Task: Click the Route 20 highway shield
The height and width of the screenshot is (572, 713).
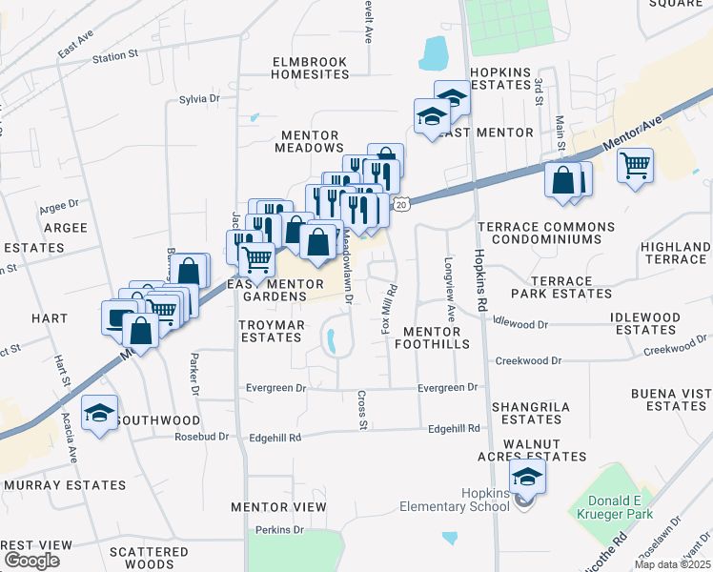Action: coord(402,205)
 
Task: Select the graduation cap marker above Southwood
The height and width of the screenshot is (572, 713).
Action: coord(99,414)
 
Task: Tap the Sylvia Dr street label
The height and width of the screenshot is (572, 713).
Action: coord(199,99)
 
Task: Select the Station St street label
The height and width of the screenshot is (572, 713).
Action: coord(115,57)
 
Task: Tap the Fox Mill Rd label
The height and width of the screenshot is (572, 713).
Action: coord(389,312)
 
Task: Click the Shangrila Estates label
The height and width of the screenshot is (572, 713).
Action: coord(531,413)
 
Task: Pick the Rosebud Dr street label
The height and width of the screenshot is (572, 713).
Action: coord(202,437)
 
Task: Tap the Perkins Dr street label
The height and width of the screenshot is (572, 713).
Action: coord(279,529)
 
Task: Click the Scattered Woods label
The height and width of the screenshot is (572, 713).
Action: coord(149,558)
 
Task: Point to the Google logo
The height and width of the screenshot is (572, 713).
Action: coord(31,561)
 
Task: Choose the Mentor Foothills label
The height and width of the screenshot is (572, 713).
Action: coord(436,337)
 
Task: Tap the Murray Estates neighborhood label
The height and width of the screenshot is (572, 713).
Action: coord(65,485)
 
